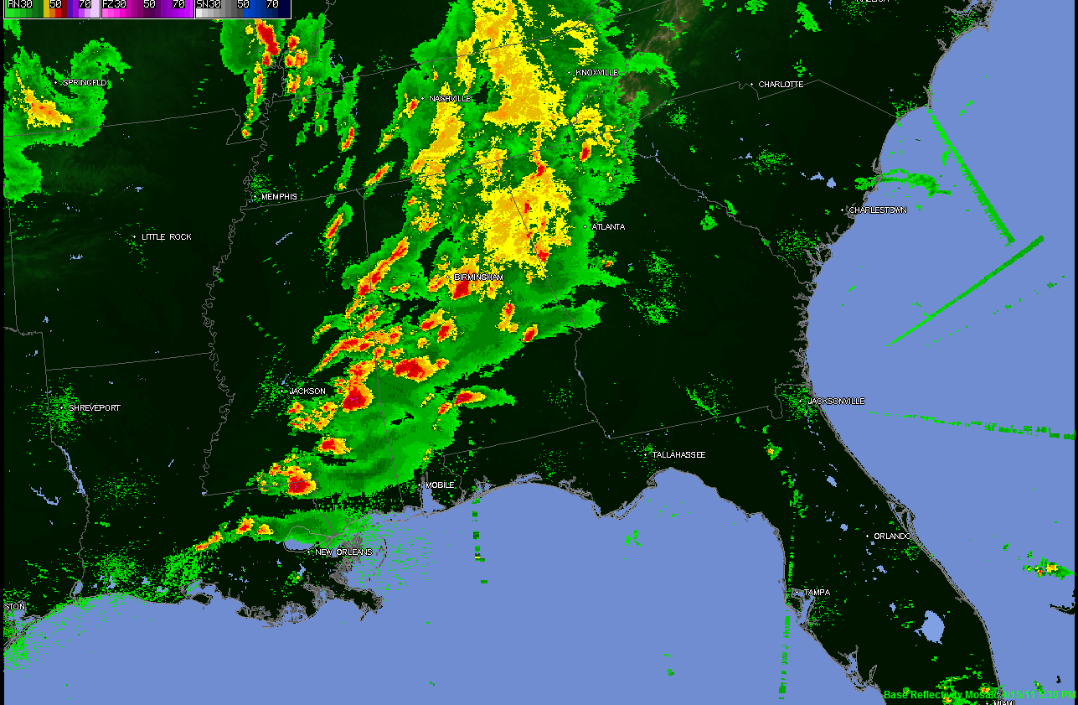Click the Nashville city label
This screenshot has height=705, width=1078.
[x=450, y=99]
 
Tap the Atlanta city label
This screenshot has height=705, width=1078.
[x=608, y=227]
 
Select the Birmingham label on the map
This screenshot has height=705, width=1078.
[x=478, y=277]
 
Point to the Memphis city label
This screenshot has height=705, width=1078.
[x=279, y=197]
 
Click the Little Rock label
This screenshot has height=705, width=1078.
[x=166, y=237]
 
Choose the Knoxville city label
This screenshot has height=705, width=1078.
[x=597, y=73]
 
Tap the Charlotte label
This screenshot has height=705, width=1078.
[x=781, y=85]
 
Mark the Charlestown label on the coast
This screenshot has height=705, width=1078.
[x=878, y=210]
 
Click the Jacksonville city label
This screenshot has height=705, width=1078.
[x=836, y=402]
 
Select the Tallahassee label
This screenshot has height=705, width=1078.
[x=678, y=455]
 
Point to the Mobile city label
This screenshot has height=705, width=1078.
[x=440, y=485]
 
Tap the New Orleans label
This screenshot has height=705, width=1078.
[x=343, y=552]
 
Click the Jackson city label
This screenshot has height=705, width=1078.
[x=307, y=391]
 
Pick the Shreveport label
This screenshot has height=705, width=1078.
[x=94, y=408]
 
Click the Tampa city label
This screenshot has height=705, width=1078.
[x=817, y=593]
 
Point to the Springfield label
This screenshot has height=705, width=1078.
[x=85, y=83]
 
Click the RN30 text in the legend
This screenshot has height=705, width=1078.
[x=19, y=5]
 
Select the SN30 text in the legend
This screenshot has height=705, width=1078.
[x=209, y=5]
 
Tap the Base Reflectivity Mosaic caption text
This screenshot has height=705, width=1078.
[x=942, y=695]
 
